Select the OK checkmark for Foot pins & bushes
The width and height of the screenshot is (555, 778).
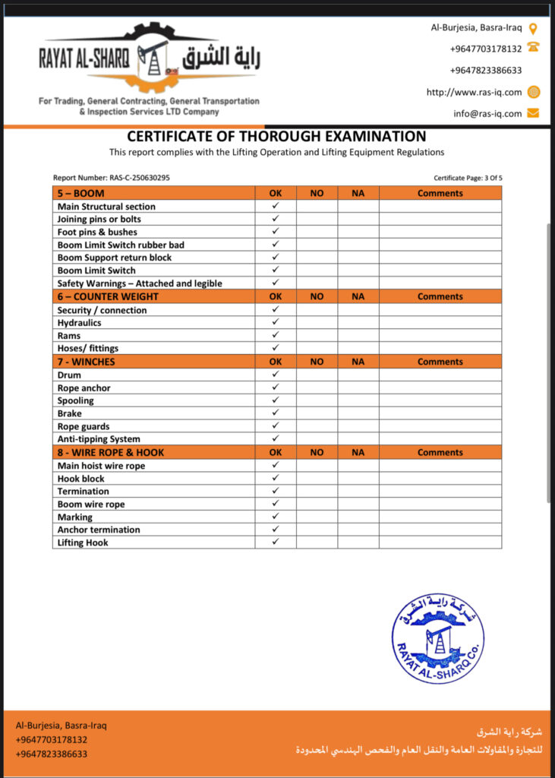click(276, 232)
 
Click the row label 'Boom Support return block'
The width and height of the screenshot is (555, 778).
click(115, 258)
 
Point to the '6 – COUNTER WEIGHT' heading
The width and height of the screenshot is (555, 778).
click(108, 296)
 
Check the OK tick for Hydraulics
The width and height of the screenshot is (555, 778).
click(276, 322)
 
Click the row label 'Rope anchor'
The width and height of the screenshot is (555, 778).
click(84, 388)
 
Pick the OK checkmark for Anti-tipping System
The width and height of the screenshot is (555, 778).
click(276, 438)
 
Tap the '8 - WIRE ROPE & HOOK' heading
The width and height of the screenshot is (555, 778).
click(111, 453)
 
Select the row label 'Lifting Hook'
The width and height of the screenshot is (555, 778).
click(83, 542)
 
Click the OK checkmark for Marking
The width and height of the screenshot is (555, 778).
click(276, 517)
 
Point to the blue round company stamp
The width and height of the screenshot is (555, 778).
click(437, 638)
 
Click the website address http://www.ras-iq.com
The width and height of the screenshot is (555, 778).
click(474, 93)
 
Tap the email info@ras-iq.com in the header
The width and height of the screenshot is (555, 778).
click(487, 114)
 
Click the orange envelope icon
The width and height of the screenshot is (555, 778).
click(533, 113)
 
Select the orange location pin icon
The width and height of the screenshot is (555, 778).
click(533, 29)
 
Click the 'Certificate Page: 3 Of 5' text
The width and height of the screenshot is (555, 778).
click(468, 178)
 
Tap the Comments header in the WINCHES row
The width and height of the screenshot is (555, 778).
click(440, 362)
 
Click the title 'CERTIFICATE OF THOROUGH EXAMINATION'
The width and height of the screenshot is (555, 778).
click(276, 137)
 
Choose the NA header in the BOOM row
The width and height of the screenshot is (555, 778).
click(358, 194)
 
